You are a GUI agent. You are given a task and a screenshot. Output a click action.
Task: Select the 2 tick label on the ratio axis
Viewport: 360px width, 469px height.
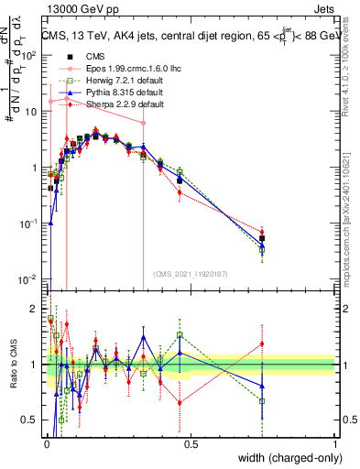[x=34, y=308]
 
